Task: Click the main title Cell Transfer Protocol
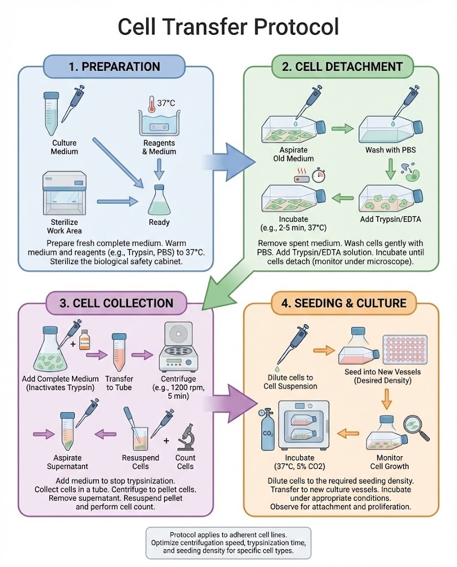point(228,26)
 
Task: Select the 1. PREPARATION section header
point(114,66)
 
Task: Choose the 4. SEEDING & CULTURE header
point(342,303)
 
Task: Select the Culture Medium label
point(64,147)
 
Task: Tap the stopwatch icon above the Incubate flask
point(318,176)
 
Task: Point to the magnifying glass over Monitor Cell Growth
point(417,425)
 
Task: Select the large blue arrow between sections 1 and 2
point(228,161)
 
